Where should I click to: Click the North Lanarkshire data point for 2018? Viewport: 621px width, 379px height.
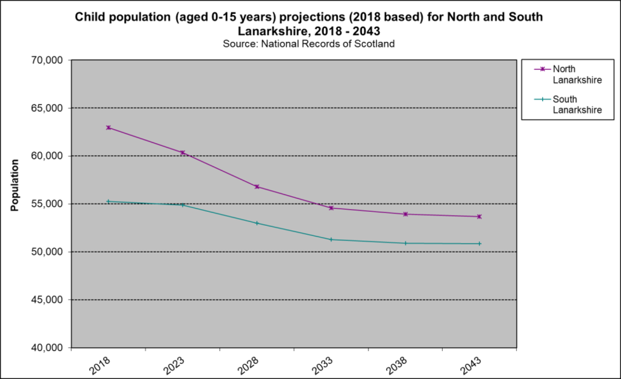(108, 127)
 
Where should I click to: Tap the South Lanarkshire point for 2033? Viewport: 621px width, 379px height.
(331, 239)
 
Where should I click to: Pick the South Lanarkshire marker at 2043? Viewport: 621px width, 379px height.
(479, 244)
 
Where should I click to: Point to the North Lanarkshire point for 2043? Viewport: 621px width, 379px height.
(479, 216)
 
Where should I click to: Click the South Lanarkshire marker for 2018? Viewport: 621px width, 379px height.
(108, 201)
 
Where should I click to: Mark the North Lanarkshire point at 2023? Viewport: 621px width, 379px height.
(183, 153)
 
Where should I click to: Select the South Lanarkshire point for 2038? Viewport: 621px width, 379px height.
(405, 243)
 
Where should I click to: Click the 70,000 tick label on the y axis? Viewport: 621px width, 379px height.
(46, 60)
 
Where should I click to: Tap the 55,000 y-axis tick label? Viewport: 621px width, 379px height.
(46, 204)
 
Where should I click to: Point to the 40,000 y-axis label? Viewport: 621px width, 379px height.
(46, 348)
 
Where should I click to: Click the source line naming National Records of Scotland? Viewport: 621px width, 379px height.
(309, 44)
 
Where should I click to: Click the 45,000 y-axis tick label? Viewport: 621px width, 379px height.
(46, 300)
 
